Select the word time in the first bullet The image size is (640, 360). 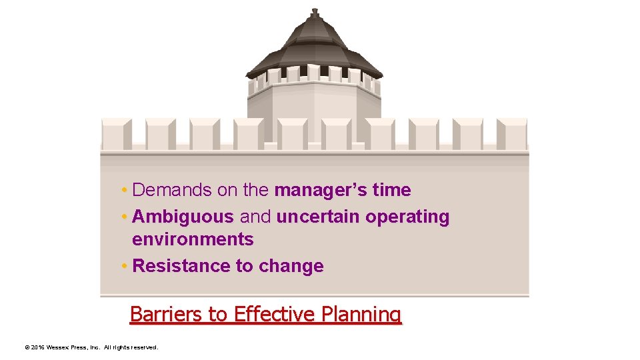pos(392,191)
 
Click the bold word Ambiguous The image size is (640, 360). pos(183,217)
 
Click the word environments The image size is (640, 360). pos(193,239)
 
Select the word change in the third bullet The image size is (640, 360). pos(291,267)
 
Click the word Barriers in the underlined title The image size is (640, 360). pos(159,313)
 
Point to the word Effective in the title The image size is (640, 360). pos(275,313)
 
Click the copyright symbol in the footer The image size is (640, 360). pos(26,347)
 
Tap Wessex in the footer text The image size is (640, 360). pos(56,347)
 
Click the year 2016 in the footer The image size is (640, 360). pos(37,347)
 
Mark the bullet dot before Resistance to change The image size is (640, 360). pos(125,267)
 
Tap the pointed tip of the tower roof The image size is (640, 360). pos(315,11)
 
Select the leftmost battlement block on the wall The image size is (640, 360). pos(116,133)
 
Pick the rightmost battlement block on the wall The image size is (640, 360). pos(511,133)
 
